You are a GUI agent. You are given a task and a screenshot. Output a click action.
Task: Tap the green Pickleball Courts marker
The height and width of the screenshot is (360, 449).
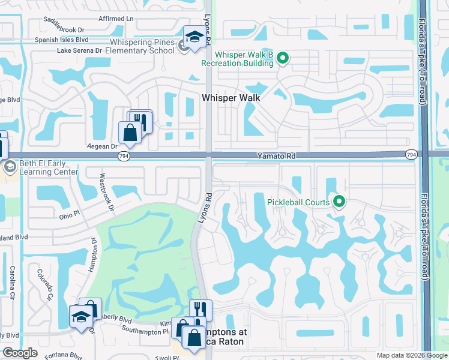[339, 202]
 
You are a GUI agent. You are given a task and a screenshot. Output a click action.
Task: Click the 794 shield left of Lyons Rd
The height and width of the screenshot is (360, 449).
[123, 155]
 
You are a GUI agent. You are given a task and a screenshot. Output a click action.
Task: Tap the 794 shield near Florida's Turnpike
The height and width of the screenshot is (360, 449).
[411, 155]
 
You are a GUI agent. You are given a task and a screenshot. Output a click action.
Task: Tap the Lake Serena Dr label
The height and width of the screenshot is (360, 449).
[79, 51]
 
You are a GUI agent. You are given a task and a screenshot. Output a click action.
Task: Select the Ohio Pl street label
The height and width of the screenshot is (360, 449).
[69, 214]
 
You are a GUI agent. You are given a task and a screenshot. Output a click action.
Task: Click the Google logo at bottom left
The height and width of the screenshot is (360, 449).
[20, 353]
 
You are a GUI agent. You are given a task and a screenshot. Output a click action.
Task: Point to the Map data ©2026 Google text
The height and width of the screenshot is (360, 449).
[411, 355]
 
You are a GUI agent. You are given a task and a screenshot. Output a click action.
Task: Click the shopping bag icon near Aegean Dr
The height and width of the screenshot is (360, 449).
[130, 133]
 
